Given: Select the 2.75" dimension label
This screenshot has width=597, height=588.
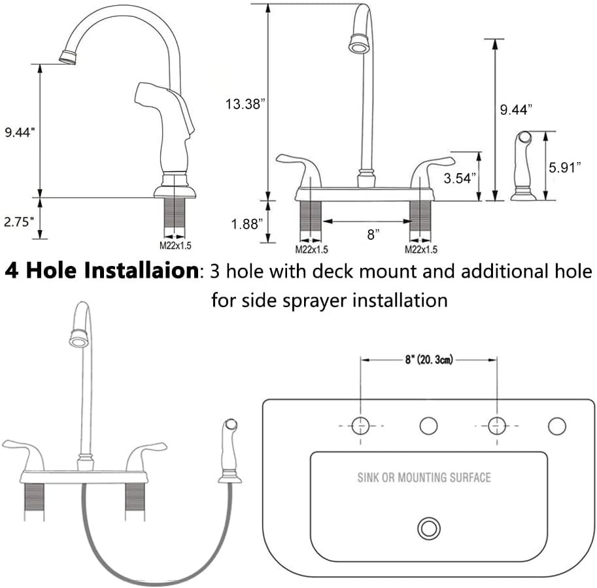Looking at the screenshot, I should [x=18, y=221].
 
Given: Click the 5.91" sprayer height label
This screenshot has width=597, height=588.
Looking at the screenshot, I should [x=565, y=167].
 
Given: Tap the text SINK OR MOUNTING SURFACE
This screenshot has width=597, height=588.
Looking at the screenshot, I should [x=424, y=478].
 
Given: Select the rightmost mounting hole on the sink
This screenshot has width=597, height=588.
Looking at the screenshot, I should [x=556, y=426].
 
